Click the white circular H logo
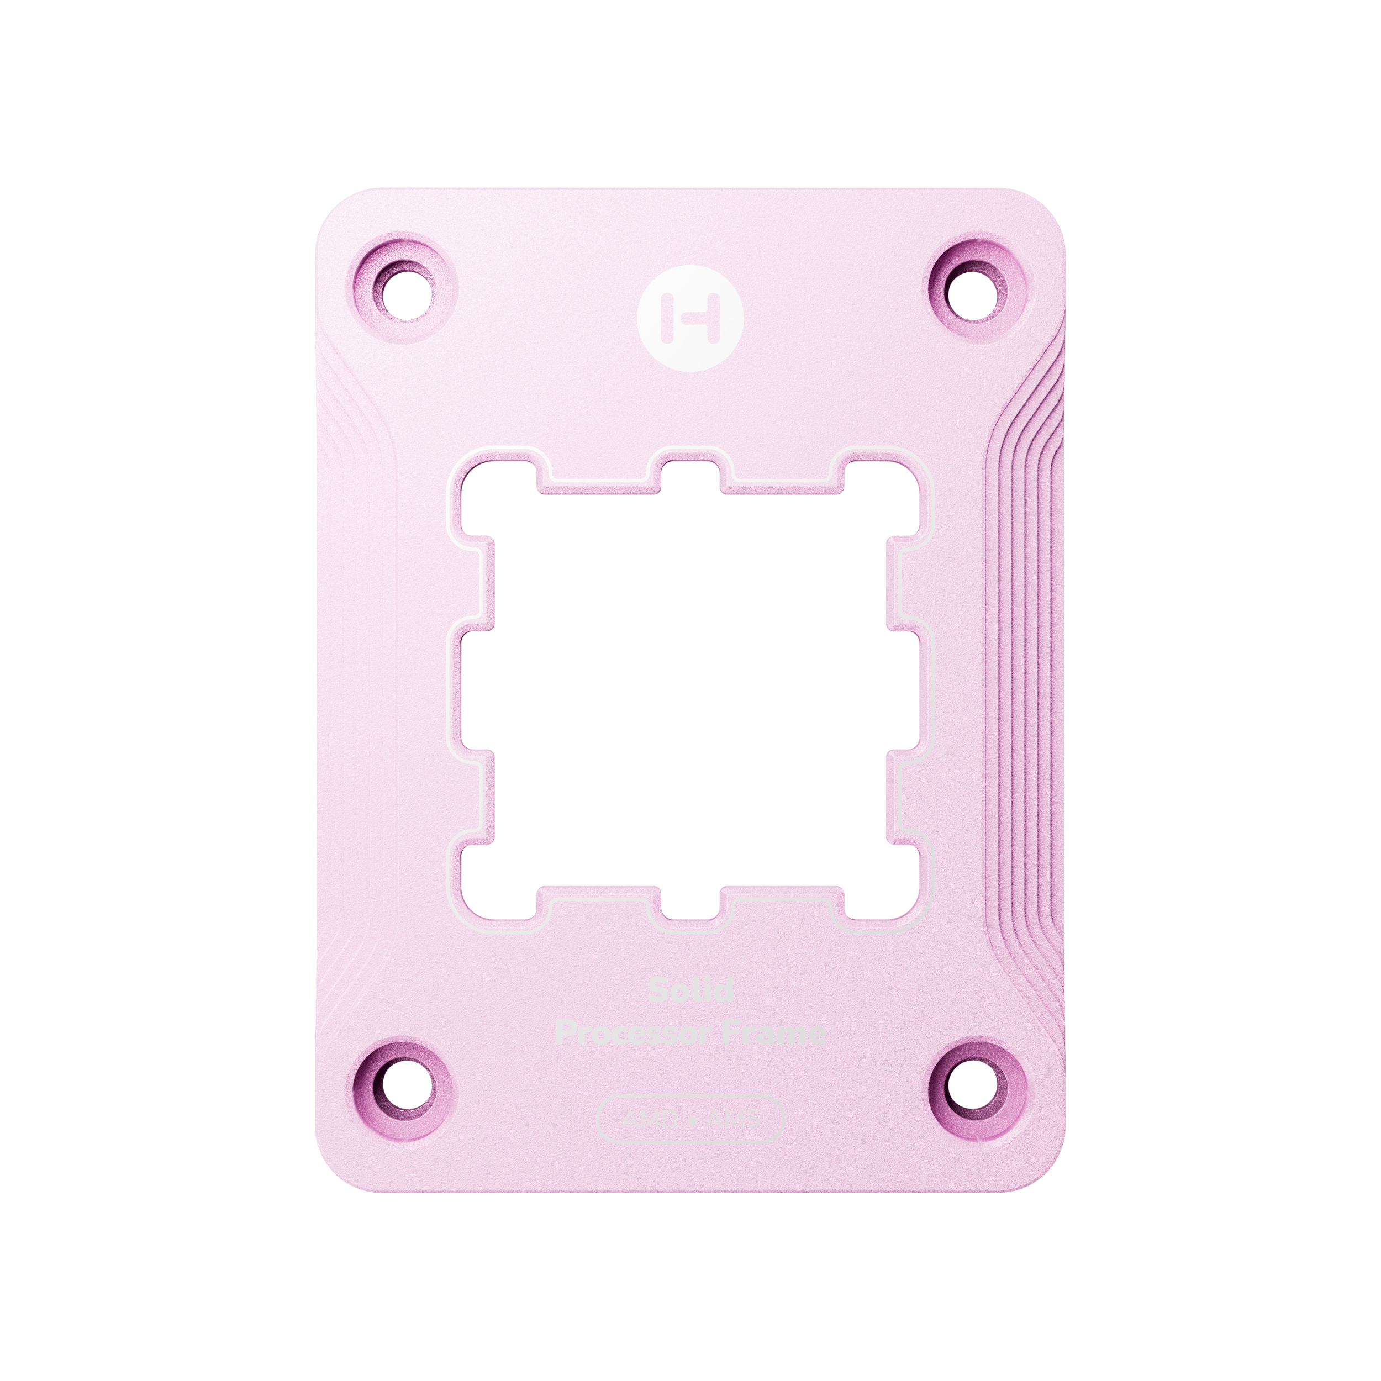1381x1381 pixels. click(690, 318)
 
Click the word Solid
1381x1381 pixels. click(690, 990)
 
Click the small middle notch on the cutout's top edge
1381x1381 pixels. click(690, 477)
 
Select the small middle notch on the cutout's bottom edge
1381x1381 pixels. click(690, 902)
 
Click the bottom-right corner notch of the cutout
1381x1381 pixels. click(882, 887)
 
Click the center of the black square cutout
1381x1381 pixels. click(690, 690)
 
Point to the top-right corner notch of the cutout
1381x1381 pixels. click(882, 493)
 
